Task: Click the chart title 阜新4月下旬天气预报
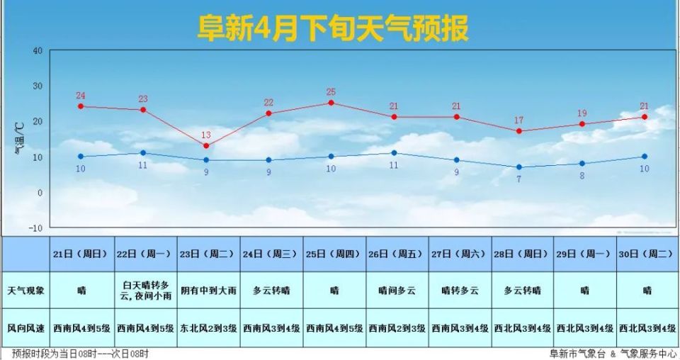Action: click(332, 29)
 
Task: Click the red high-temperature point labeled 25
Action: click(331, 103)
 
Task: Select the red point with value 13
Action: click(206, 146)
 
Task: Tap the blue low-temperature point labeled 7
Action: click(519, 167)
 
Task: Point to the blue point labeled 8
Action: click(582, 164)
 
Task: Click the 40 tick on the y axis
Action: click(37, 51)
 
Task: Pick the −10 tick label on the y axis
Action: click(35, 228)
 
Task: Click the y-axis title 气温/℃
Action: click(19, 139)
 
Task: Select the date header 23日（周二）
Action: click(209, 254)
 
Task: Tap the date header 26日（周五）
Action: click(397, 254)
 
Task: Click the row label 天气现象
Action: click(25, 291)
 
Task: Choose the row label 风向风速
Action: click(25, 328)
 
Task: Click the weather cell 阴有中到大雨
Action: click(209, 291)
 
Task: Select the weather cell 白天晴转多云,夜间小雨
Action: click(146, 291)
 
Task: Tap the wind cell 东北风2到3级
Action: click(209, 328)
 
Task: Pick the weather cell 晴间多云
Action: click(397, 291)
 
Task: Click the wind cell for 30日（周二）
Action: click(647, 328)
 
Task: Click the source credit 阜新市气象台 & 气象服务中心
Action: click(608, 354)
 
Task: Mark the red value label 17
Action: click(519, 120)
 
